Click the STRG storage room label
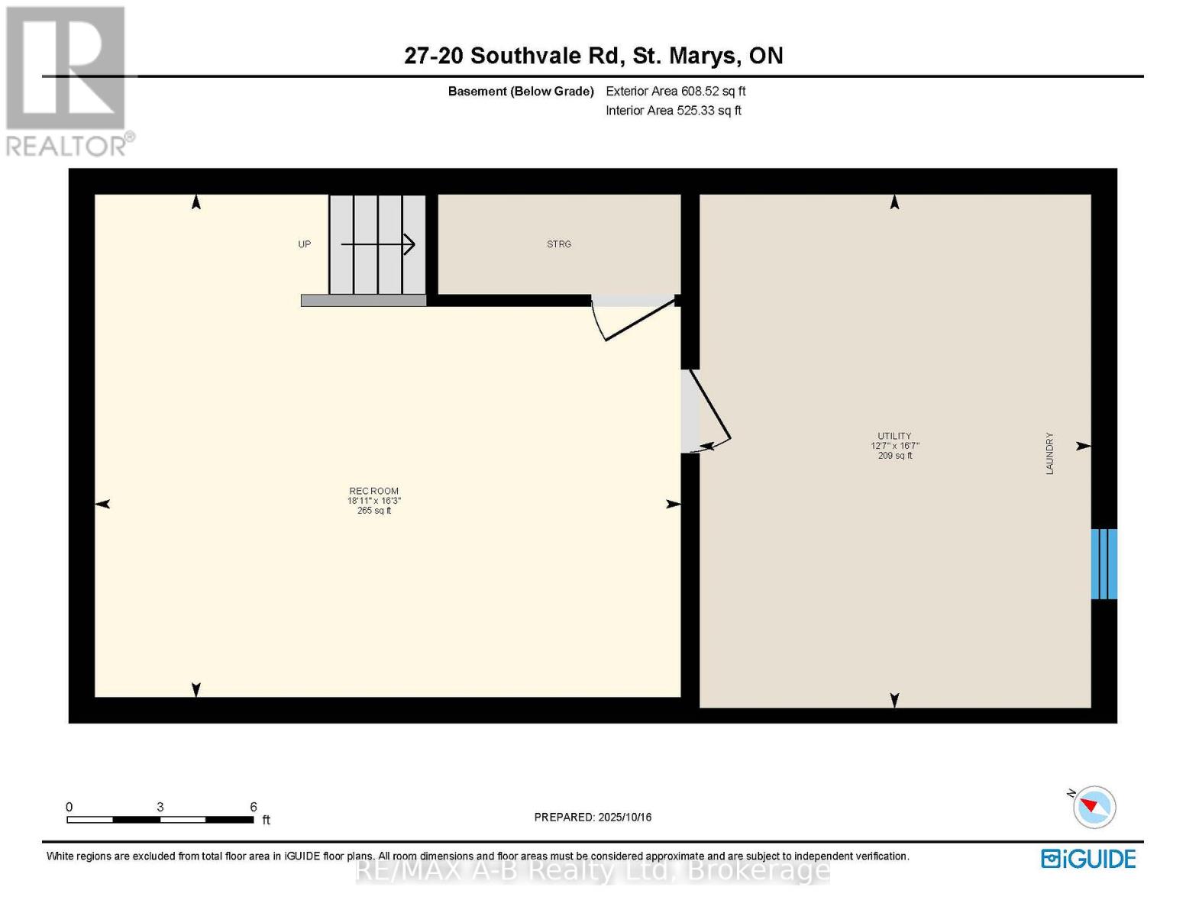click(559, 244)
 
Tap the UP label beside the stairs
click(305, 244)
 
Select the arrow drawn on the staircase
click(378, 244)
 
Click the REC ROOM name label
click(374, 491)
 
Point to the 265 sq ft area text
click(374, 511)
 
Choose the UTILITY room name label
click(894, 436)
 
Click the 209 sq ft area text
click(895, 456)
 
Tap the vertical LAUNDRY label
click(1050, 453)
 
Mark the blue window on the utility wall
click(1104, 564)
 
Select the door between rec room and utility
click(706, 412)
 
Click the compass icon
click(1094, 808)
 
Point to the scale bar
click(160, 820)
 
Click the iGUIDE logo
click(1088, 859)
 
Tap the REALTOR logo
click(67, 80)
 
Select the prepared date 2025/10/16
click(593, 817)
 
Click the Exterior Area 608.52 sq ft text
click(676, 91)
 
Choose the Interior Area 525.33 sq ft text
click(674, 111)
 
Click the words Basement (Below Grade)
click(521, 92)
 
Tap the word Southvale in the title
click(525, 56)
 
